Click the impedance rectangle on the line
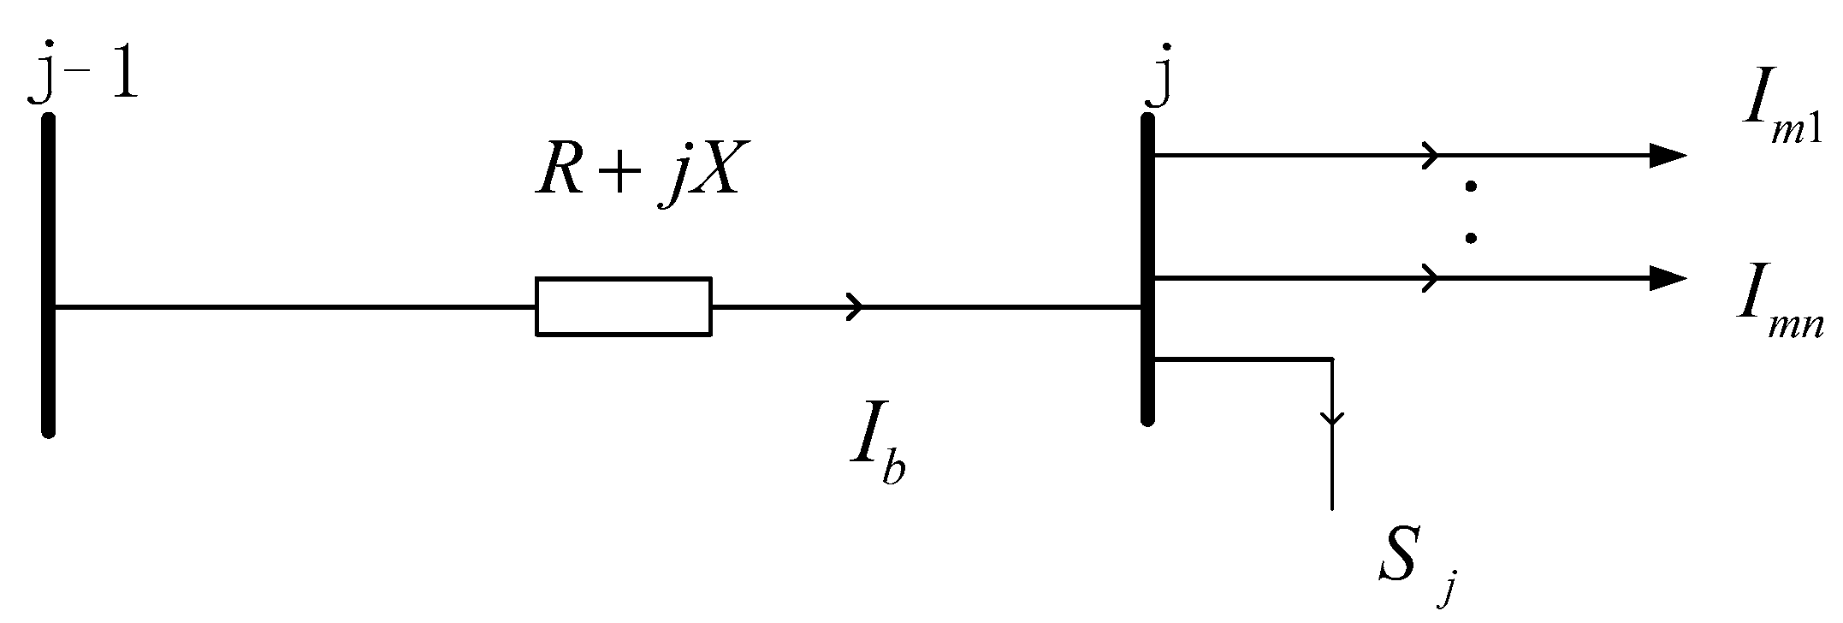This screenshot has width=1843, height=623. point(623,306)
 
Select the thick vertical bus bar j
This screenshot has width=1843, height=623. point(1148,270)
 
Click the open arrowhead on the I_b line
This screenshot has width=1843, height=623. point(856,306)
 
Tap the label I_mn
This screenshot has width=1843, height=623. point(1780,317)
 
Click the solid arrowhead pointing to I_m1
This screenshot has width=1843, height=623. point(1666,156)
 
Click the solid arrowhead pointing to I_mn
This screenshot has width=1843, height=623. point(1666,277)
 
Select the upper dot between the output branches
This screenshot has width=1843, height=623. point(1471,187)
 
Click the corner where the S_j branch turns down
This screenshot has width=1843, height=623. point(1331,359)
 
